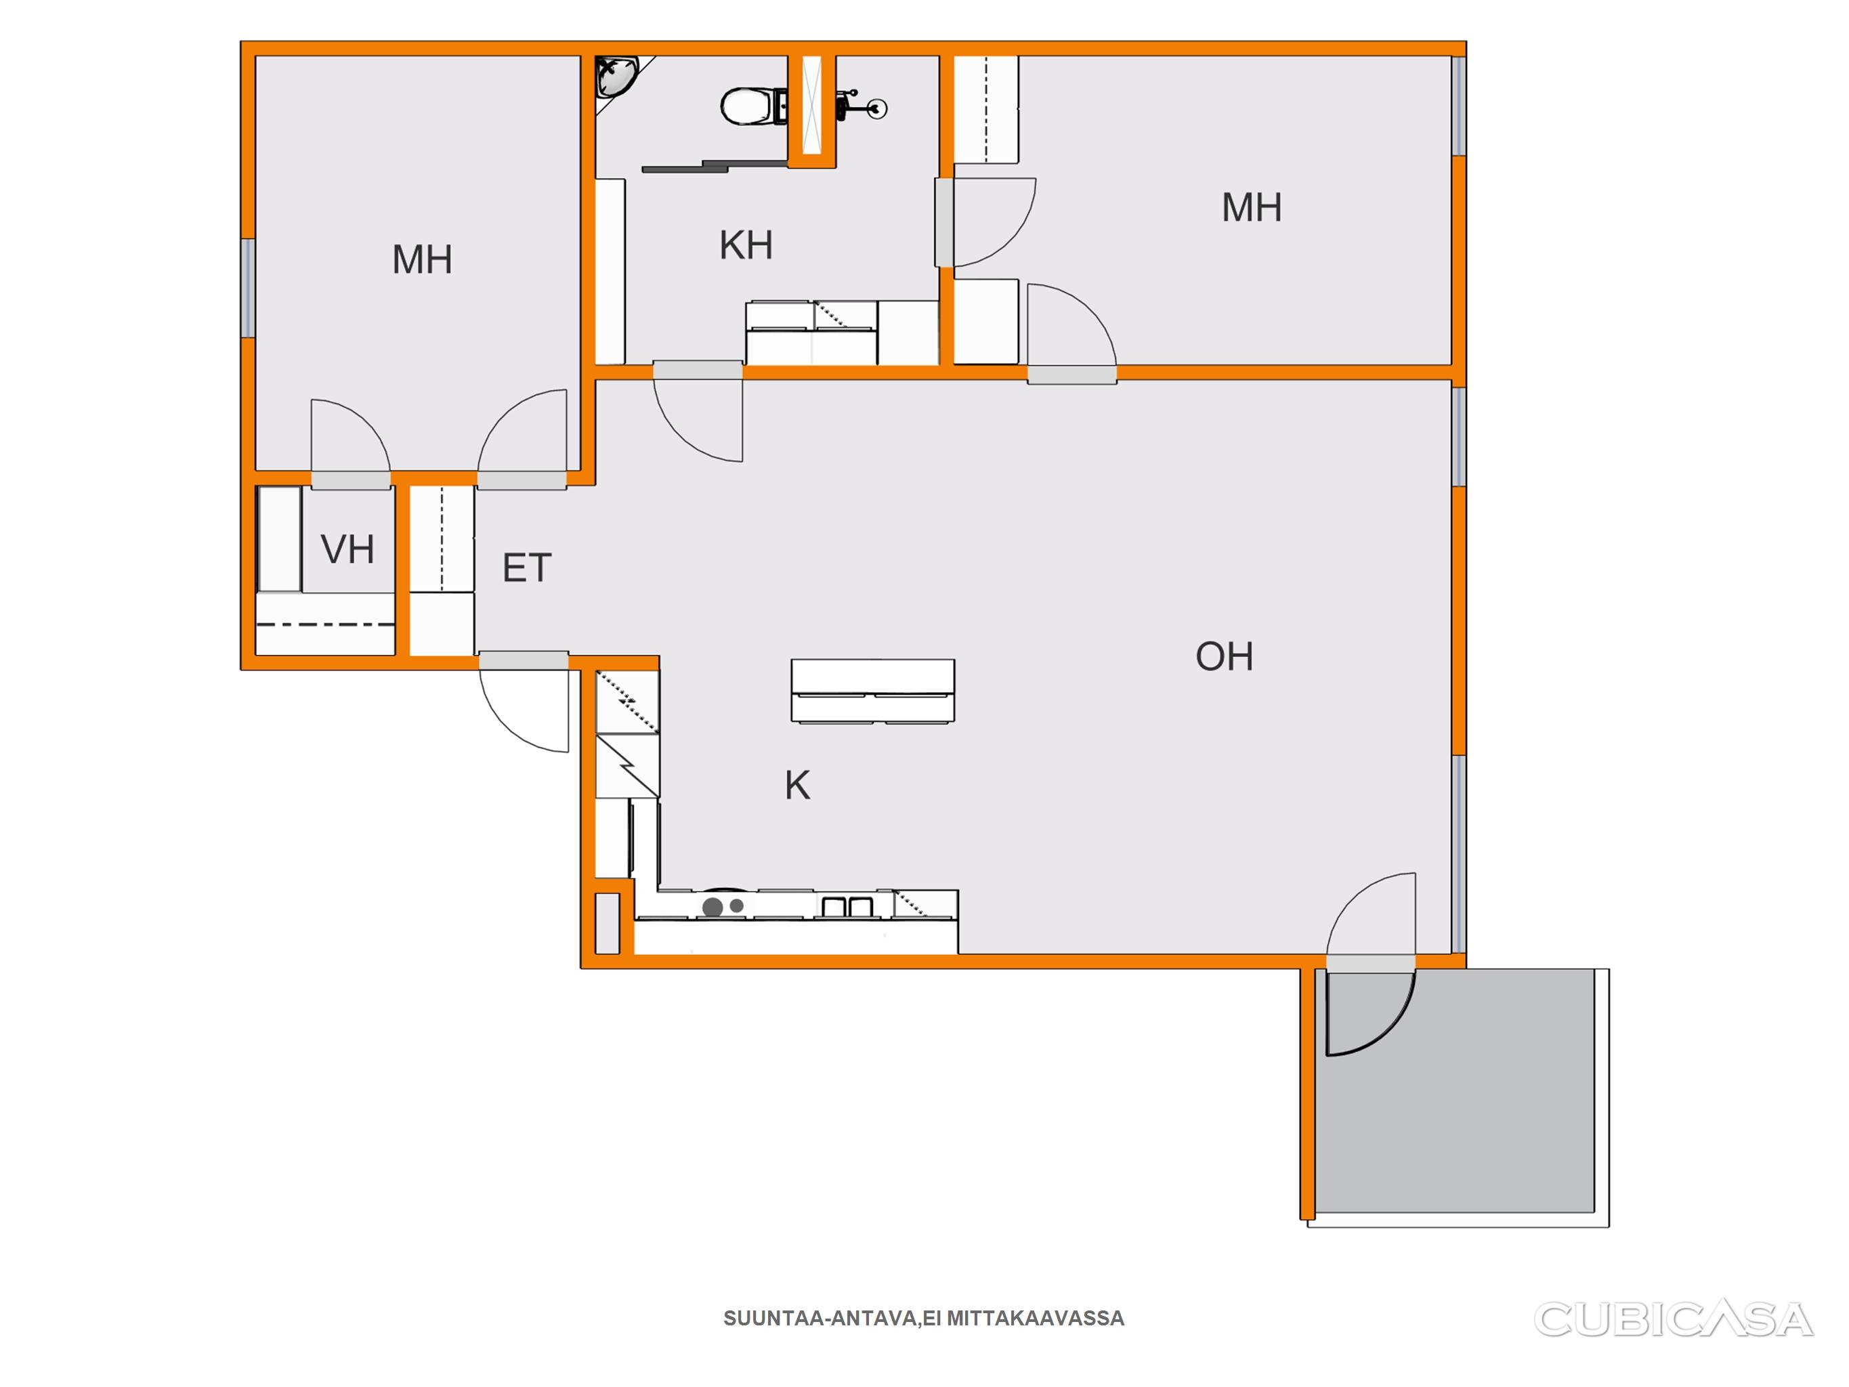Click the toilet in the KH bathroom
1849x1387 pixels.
pyautogui.click(x=753, y=106)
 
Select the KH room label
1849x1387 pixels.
pyautogui.click(x=746, y=245)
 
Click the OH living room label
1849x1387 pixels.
pyautogui.click(x=1225, y=656)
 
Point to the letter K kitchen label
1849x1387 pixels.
pyautogui.click(x=797, y=785)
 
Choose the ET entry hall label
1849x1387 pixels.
pyautogui.click(x=527, y=568)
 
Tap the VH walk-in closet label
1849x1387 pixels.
pyautogui.click(x=347, y=549)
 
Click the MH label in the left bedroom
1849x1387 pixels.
pyautogui.click(x=422, y=259)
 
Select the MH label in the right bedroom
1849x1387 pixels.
pyautogui.click(x=1252, y=207)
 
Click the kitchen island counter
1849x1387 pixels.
pyautogui.click(x=872, y=691)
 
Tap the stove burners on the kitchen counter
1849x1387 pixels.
pyautogui.click(x=723, y=906)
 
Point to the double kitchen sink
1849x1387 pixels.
pyautogui.click(x=847, y=906)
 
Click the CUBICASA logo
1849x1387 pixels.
pyautogui.click(x=1673, y=1319)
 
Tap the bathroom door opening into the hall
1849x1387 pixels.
pyautogui.click(x=698, y=410)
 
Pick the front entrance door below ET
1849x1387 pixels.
pyautogui.click(x=524, y=702)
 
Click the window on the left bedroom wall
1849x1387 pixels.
pyautogui.click(x=249, y=288)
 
